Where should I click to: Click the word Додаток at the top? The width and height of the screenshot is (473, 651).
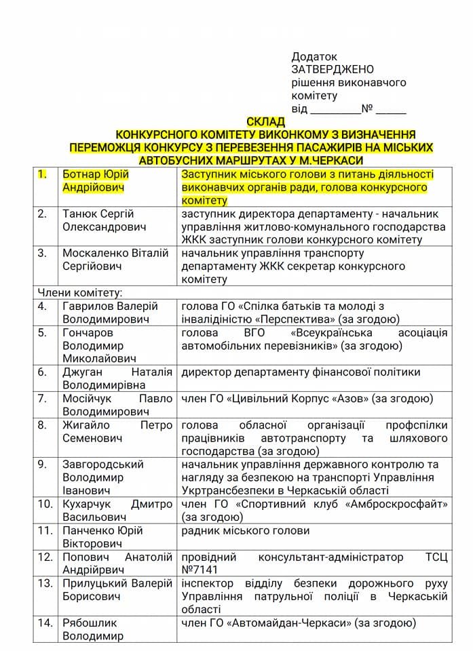(314, 57)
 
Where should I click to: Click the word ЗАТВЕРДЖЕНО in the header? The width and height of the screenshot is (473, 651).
(333, 70)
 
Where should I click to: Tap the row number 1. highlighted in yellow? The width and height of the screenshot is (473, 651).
(42, 175)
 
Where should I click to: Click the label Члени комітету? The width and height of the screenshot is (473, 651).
(79, 293)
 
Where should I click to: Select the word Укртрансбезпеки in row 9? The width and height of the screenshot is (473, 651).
(224, 491)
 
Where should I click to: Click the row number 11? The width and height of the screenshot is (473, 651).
(45, 531)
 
